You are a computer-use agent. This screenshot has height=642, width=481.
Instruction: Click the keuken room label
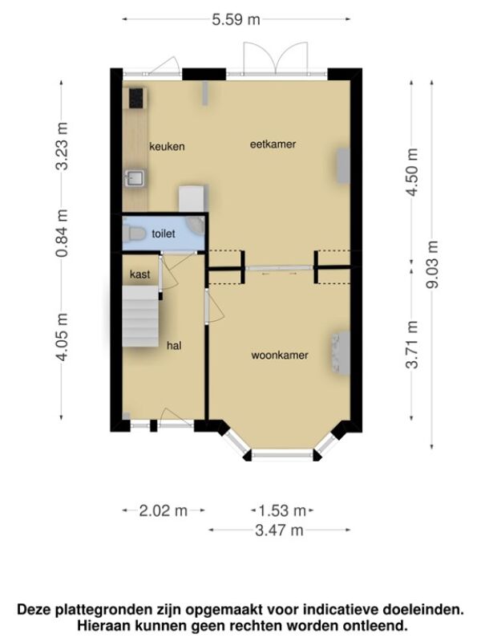click(167, 146)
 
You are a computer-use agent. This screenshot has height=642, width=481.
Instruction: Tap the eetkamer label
click(273, 144)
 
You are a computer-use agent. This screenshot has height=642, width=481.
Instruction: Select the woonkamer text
click(280, 355)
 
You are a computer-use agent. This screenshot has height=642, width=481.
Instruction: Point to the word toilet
click(164, 234)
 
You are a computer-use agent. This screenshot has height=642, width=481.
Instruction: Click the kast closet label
click(139, 274)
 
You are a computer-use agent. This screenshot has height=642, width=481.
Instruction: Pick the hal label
click(174, 346)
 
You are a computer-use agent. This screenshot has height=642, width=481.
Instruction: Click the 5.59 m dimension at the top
click(236, 19)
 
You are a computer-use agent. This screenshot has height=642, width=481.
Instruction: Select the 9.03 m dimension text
click(432, 265)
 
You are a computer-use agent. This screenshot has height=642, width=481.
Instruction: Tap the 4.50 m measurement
click(412, 172)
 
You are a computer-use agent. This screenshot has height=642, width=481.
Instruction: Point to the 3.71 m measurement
click(412, 345)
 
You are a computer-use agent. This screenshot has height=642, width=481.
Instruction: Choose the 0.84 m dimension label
click(62, 233)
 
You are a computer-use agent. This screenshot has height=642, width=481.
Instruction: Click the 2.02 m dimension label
click(164, 510)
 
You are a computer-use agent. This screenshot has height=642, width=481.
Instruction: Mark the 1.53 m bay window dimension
click(282, 510)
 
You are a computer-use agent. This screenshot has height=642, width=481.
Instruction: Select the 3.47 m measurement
click(279, 530)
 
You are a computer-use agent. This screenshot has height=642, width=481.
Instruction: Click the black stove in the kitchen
click(136, 98)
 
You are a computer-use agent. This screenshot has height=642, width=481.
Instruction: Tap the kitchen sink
click(134, 178)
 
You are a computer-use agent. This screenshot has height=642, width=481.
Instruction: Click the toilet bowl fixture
click(134, 234)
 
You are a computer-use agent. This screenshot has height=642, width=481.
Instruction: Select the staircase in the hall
click(140, 316)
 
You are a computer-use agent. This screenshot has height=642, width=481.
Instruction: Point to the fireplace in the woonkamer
click(341, 353)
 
